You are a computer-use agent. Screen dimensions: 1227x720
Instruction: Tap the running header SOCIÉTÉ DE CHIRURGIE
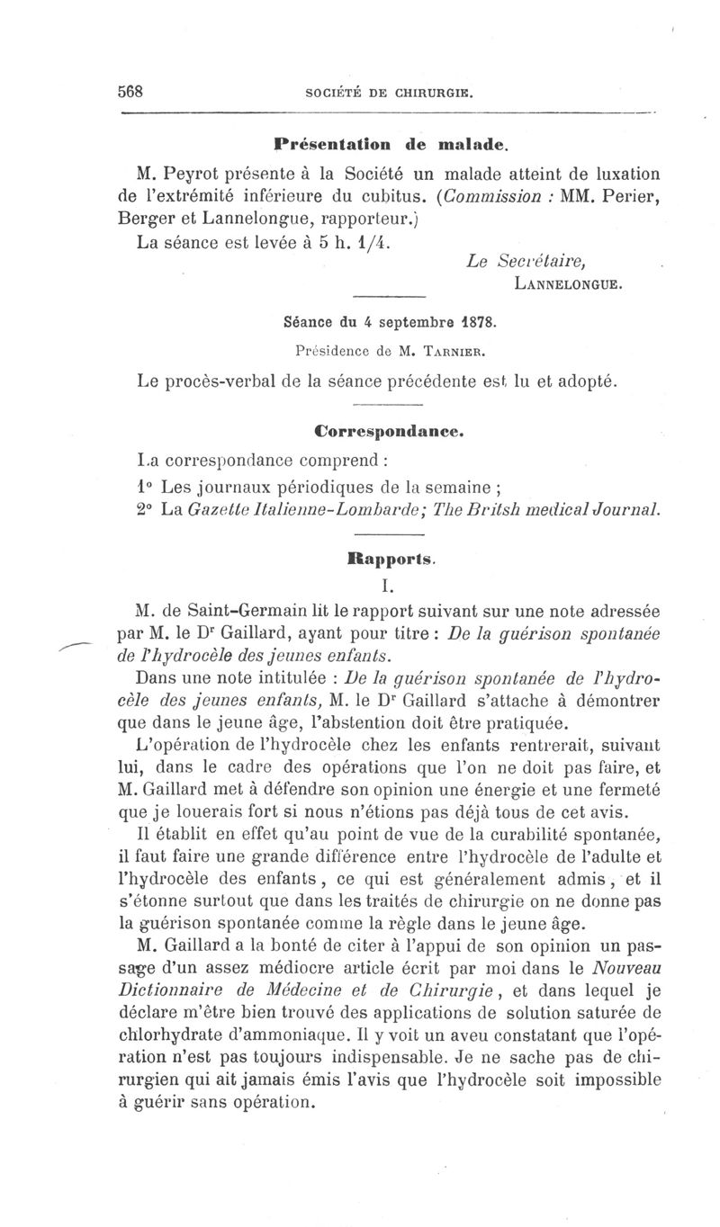coord(390,92)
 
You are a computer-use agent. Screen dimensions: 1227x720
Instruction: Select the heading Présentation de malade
coord(391,143)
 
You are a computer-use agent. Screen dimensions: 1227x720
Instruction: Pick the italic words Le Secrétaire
coord(527,262)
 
